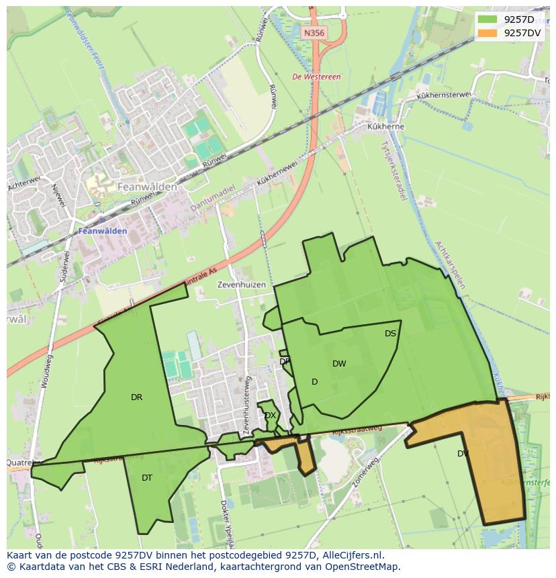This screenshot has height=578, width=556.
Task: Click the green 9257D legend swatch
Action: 488,19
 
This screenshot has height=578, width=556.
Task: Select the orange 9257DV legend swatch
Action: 488,32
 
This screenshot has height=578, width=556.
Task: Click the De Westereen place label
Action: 316,77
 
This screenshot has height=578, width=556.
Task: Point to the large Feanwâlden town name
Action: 146,187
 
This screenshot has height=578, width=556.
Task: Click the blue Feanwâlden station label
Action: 102,231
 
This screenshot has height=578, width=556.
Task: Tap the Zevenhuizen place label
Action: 241,285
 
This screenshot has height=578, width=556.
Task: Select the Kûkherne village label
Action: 385,126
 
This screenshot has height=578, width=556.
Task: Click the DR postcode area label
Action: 136,397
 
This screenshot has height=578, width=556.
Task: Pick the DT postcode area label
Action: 147,478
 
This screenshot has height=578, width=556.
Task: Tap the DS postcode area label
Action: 390,334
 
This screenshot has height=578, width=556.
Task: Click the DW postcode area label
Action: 339,364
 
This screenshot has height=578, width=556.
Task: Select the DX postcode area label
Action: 270,416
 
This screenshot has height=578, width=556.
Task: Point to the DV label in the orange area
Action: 463,454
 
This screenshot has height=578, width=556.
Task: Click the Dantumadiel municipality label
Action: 213,199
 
